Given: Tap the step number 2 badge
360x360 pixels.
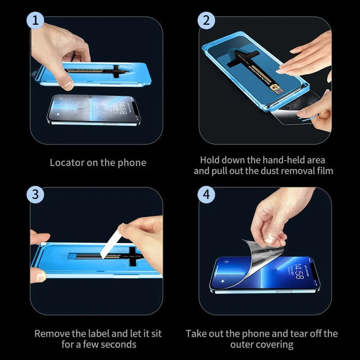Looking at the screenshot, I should tap(206, 20).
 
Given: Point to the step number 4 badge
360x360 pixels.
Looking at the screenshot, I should tap(206, 194).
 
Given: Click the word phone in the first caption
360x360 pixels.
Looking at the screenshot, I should tap(131, 162).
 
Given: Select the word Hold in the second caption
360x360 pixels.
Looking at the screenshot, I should tap(210, 160).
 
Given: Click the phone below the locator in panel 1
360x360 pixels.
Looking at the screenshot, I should tap(94, 110).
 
